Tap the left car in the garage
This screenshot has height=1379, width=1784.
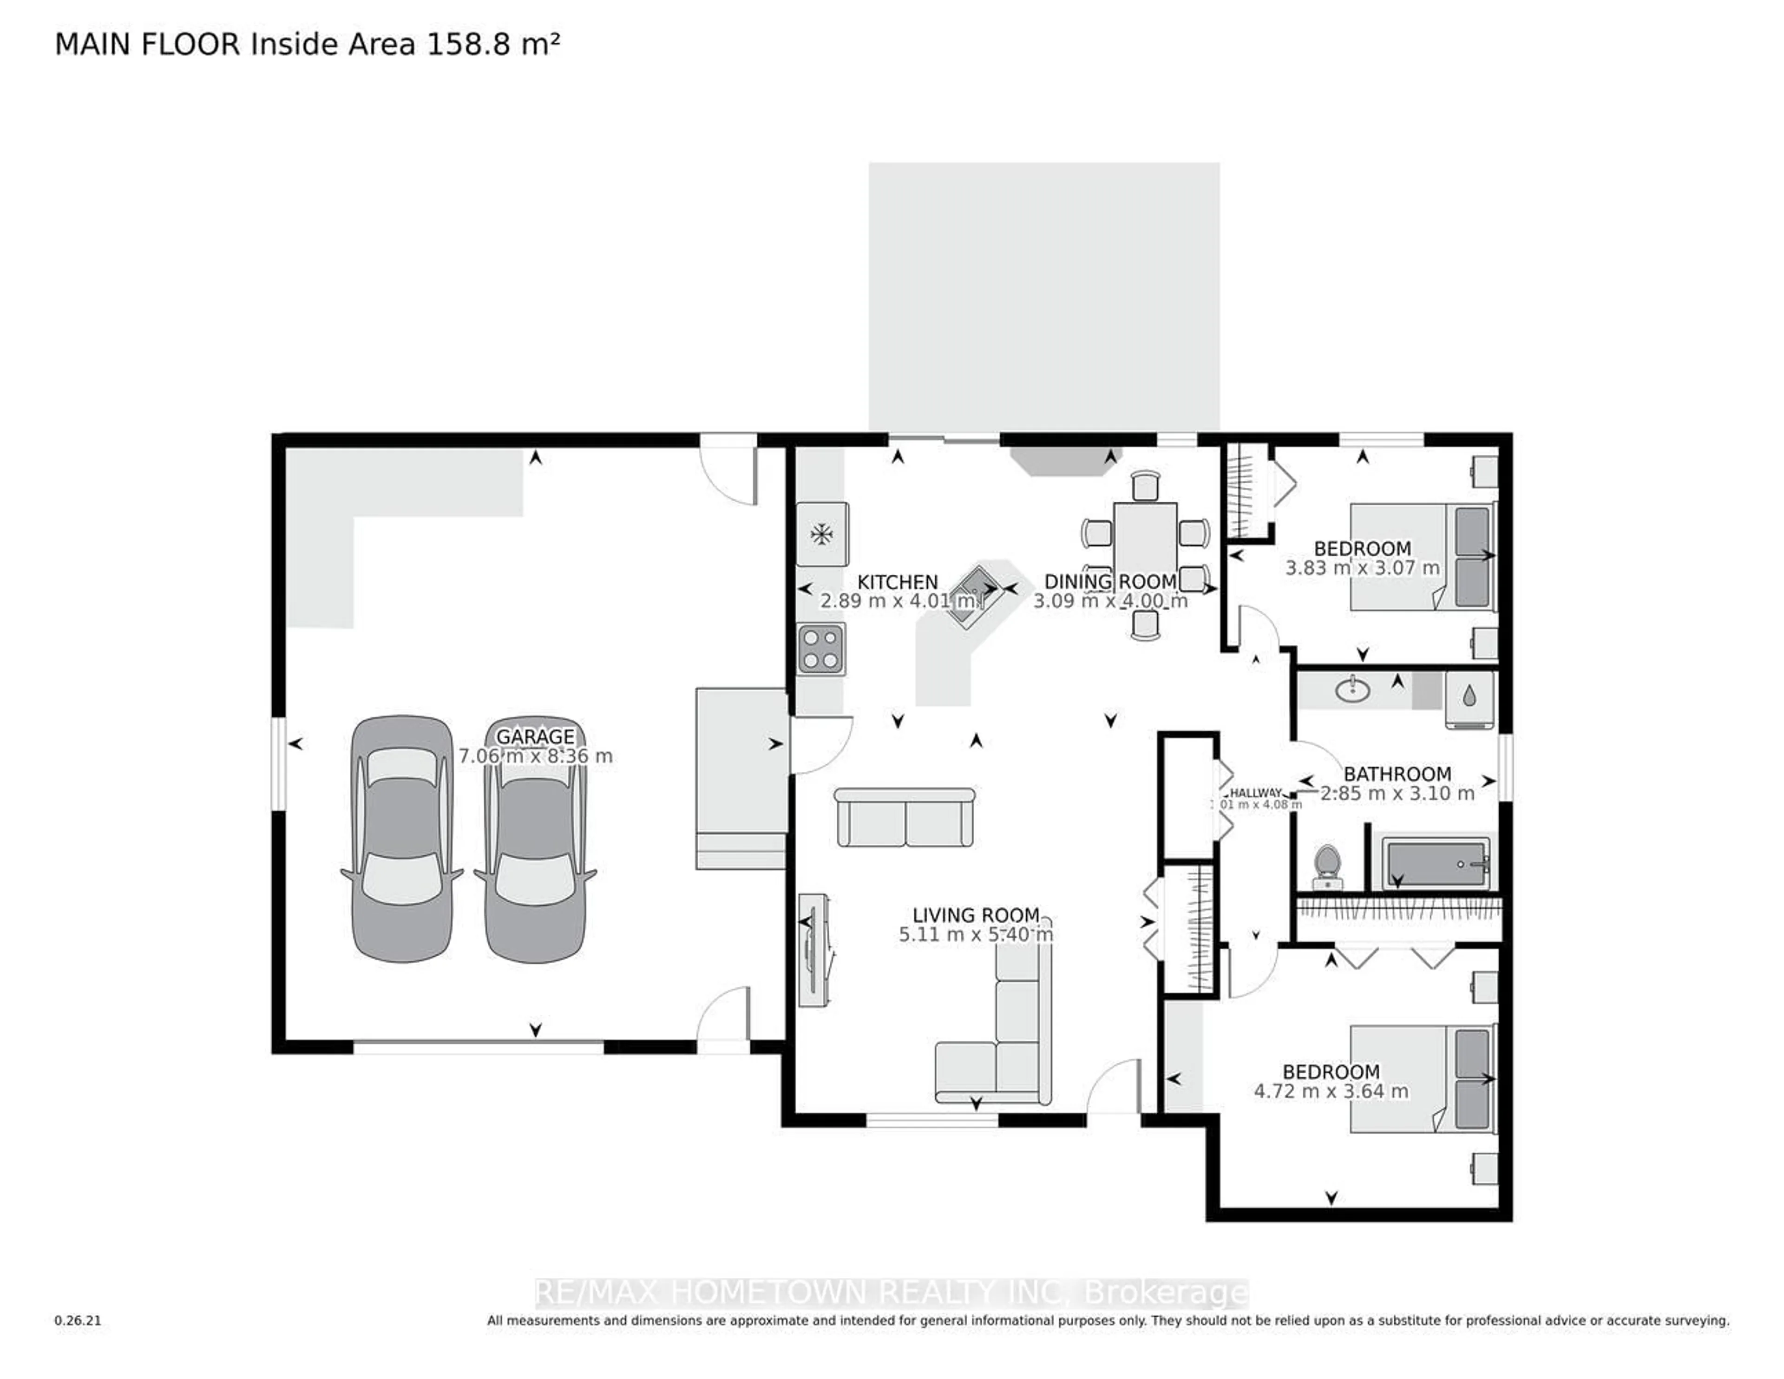tap(402, 839)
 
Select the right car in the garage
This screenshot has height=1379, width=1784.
tap(535, 839)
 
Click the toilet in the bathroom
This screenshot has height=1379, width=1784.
tap(1327, 866)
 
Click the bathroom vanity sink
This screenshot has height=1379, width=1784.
tap(1353, 689)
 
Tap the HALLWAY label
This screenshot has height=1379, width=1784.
tap(1255, 793)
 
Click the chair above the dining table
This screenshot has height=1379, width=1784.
tap(1145, 485)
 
